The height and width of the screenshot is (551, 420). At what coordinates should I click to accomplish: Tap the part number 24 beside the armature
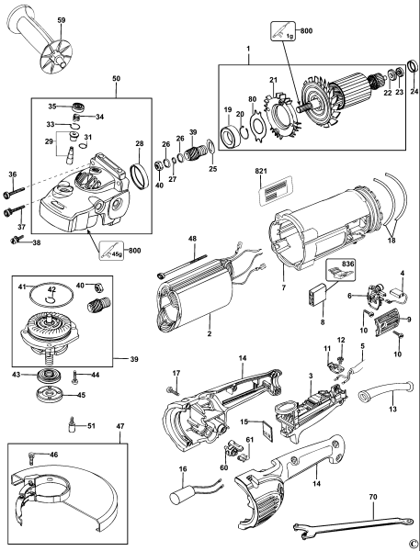414,92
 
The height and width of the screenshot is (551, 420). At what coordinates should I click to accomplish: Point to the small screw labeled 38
16,242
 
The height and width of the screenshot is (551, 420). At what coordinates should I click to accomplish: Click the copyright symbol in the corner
414,542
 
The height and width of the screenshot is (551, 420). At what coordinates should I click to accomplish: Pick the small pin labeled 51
71,426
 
